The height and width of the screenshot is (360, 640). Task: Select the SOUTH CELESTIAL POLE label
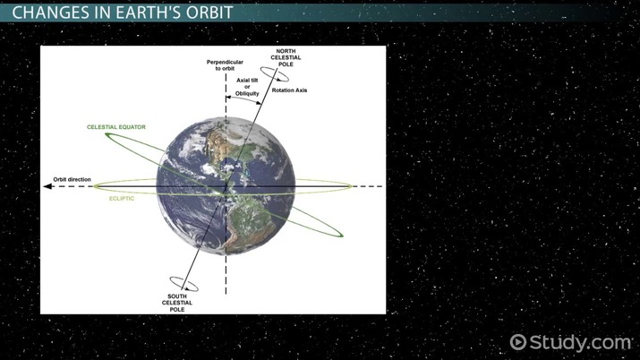coord(178,302)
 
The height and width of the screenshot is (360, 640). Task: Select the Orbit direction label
coord(73,179)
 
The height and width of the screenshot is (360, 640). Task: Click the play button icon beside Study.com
coord(518,342)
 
